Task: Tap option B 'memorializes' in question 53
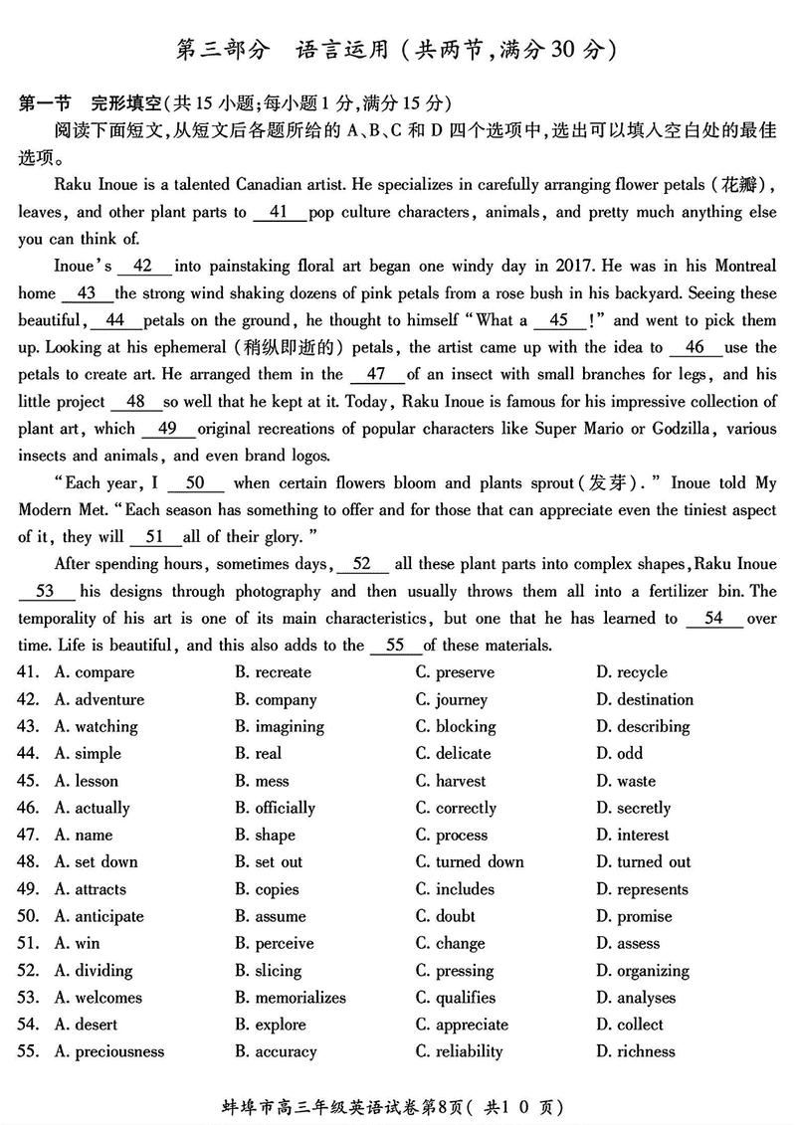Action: [x=291, y=998]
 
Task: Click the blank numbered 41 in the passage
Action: [x=279, y=212]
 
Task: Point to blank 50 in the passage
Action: [x=195, y=483]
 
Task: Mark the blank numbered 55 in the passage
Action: [x=395, y=645]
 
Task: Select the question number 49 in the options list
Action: [x=28, y=889]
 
